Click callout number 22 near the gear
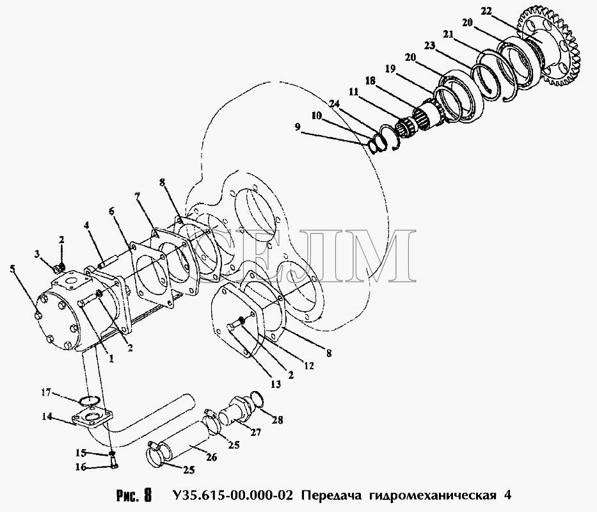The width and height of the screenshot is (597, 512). pyautogui.click(x=486, y=12)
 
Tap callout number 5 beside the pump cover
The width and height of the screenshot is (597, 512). pyautogui.click(x=13, y=269)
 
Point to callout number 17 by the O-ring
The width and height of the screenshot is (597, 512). pyautogui.click(x=46, y=392)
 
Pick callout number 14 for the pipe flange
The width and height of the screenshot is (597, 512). pyautogui.click(x=47, y=417)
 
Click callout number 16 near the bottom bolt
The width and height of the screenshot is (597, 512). pyautogui.click(x=81, y=467)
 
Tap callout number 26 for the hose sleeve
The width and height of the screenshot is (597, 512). pyautogui.click(x=211, y=457)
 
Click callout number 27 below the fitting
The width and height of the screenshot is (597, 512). pyautogui.click(x=255, y=433)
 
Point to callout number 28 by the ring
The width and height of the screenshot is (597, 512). pyautogui.click(x=277, y=420)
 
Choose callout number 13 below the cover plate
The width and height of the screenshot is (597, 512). pyautogui.click(x=275, y=385)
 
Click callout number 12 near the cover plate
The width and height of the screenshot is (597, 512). pyautogui.click(x=309, y=365)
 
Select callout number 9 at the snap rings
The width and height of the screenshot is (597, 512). pyautogui.click(x=298, y=127)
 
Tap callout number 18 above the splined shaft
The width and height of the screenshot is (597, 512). pyautogui.click(x=370, y=81)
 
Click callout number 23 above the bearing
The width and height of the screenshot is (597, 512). pyautogui.click(x=429, y=45)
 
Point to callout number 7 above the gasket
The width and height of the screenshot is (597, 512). pyautogui.click(x=138, y=196)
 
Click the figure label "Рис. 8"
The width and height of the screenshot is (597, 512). pyautogui.click(x=134, y=495)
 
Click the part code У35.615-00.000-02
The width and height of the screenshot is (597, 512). pyautogui.click(x=233, y=495)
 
